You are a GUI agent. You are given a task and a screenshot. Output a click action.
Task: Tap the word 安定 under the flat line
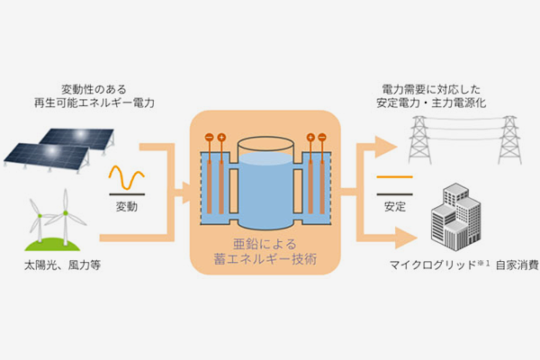394,207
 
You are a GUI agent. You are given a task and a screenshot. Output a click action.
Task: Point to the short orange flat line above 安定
394,177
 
